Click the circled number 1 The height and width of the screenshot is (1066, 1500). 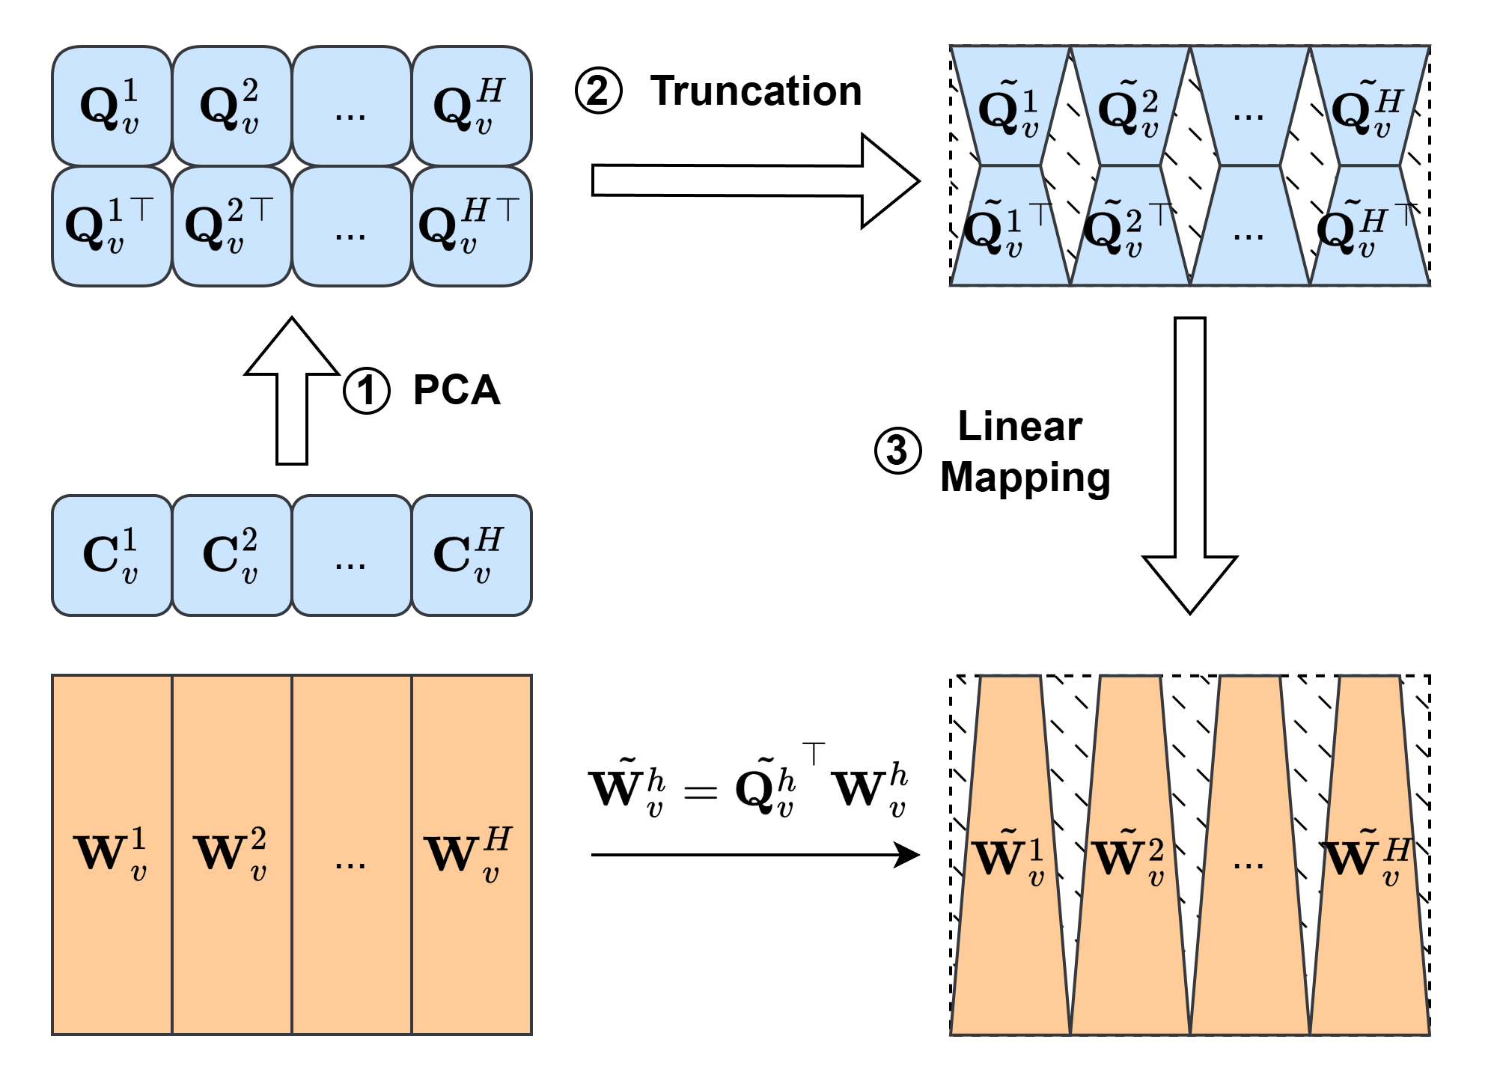(367, 391)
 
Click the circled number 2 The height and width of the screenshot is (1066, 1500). (599, 91)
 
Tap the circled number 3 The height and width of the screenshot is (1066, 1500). (897, 451)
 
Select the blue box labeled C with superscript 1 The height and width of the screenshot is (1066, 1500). (112, 555)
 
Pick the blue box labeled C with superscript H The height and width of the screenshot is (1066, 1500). (472, 555)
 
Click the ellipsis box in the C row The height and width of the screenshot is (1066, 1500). (351, 555)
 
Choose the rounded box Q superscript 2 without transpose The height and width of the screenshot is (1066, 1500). (231, 106)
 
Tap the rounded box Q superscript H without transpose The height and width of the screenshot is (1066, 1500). (472, 106)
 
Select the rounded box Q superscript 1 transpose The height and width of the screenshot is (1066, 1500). (112, 226)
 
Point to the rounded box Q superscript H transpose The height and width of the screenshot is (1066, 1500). (472, 226)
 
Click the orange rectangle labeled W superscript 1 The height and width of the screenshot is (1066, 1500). (112, 854)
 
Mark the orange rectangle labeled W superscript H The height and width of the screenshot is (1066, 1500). (472, 854)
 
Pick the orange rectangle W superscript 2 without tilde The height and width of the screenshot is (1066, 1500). (231, 854)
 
